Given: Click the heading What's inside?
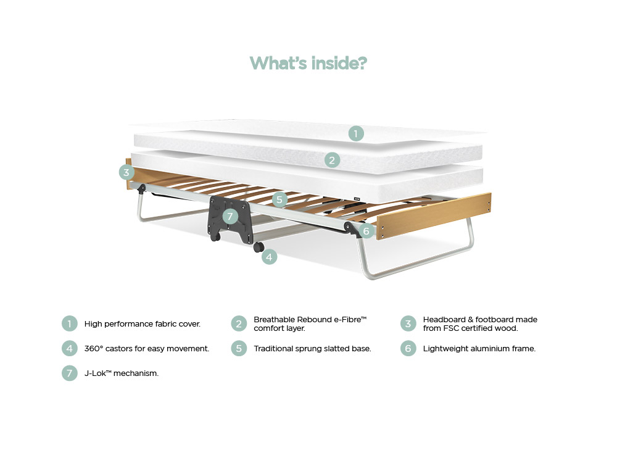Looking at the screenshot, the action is click(x=308, y=63).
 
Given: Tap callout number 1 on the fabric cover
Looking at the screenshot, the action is click(x=356, y=133).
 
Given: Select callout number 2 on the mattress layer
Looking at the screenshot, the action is click(x=332, y=161).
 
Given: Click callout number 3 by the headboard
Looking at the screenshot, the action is click(x=126, y=172).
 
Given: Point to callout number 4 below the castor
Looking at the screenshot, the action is click(x=269, y=257).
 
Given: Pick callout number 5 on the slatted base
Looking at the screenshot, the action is click(x=280, y=199).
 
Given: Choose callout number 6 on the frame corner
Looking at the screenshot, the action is click(x=366, y=231).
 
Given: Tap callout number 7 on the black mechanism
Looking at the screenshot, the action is click(x=230, y=215).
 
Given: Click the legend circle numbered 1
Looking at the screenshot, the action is click(x=70, y=324).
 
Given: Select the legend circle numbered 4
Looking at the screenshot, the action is click(x=70, y=348).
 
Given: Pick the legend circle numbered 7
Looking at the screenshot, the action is click(x=70, y=373).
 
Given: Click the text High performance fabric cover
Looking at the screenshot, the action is click(x=143, y=324).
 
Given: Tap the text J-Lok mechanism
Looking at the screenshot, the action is click(x=122, y=373).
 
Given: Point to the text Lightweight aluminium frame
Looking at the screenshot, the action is click(x=479, y=348).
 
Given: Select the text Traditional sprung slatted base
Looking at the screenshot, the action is click(x=312, y=348).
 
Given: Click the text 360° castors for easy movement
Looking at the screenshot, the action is click(x=147, y=348).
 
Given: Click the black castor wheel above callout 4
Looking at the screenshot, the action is click(x=259, y=247).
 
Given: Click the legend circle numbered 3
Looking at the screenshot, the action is click(x=408, y=324).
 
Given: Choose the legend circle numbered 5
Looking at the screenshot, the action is click(x=239, y=348).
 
